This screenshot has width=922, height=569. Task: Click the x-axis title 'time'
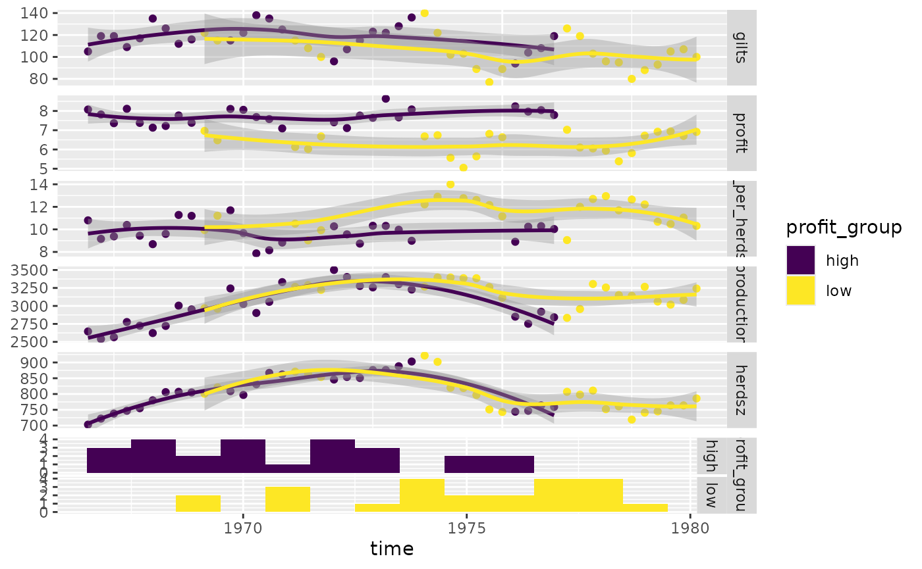[392, 548]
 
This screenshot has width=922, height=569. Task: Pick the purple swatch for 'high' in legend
[800, 260]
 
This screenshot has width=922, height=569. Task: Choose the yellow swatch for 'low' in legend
[800, 291]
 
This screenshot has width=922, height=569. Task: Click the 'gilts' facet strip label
[742, 47]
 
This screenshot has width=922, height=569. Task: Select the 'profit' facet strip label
[742, 134]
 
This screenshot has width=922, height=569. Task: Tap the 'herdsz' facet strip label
[742, 390]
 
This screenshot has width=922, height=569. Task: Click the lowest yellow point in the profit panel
[464, 168]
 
